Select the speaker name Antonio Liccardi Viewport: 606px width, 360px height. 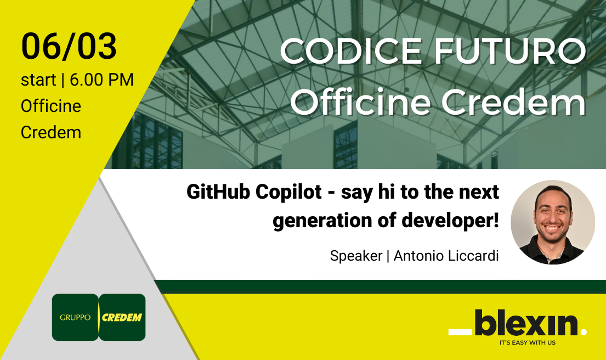pos(446,256)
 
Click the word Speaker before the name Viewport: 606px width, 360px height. pos(356,256)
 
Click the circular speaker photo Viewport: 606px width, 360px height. pos(553,222)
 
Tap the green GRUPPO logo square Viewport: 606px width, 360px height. pos(75,317)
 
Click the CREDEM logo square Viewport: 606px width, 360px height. pos(123,317)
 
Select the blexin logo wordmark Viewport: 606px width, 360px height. pos(526,323)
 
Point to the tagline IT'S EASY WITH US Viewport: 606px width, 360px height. pos(528,343)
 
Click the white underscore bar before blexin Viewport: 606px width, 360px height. pos(460,331)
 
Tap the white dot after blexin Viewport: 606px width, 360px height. pos(583,331)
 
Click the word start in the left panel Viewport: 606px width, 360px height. pos(38,80)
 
